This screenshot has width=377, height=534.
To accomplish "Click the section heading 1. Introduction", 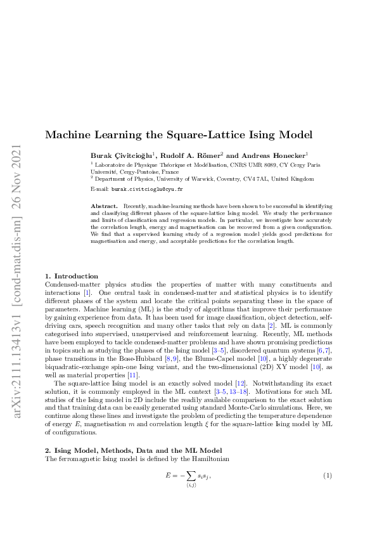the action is tap(71, 276).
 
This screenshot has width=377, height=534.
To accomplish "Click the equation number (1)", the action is tap(328, 476).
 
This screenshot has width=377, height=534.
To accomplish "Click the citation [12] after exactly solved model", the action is tap(203, 384).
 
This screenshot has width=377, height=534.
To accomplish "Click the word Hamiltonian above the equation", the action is tap(193, 458).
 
